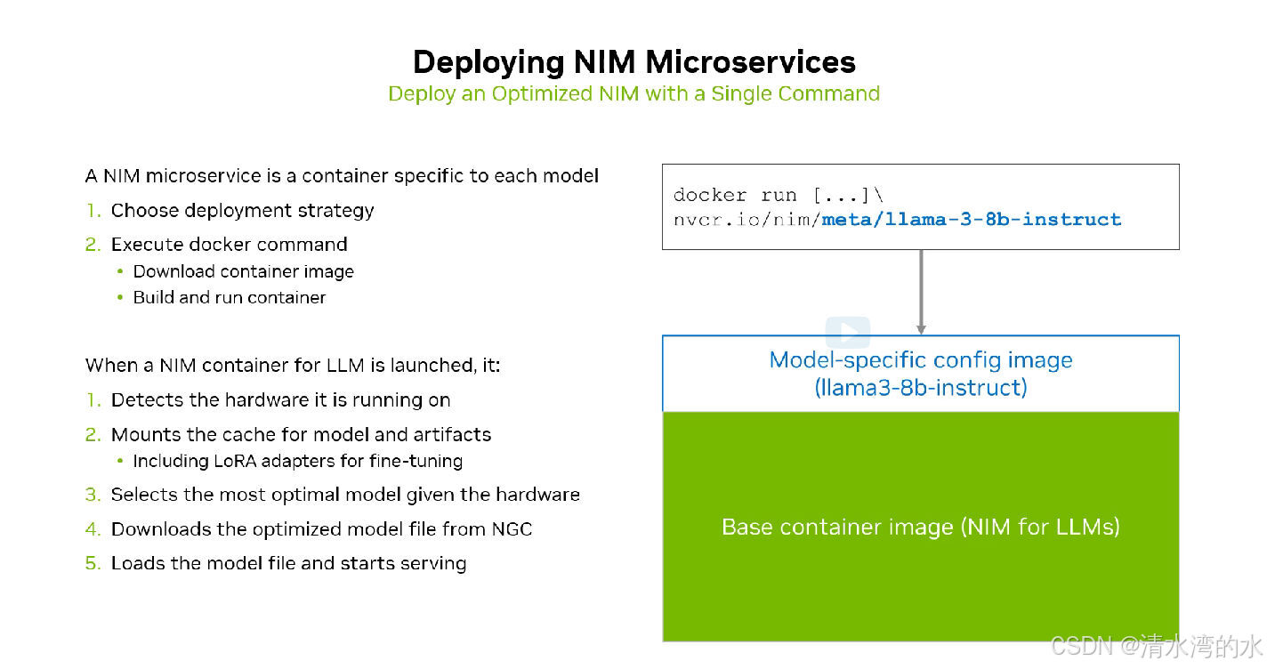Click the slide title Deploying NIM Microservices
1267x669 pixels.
(x=633, y=61)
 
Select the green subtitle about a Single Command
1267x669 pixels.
(x=633, y=93)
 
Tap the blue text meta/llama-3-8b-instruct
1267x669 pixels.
(x=971, y=219)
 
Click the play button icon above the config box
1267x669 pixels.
(x=847, y=333)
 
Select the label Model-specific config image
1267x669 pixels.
(x=921, y=360)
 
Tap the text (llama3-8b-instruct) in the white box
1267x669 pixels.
(x=921, y=388)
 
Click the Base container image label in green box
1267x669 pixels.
(x=921, y=527)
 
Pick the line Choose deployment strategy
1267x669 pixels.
(x=242, y=211)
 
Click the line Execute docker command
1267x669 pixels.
(x=229, y=245)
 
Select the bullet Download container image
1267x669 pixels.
(x=243, y=272)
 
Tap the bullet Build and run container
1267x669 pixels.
(x=230, y=298)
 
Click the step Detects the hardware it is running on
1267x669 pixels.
(x=280, y=400)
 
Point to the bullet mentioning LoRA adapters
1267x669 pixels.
(x=297, y=461)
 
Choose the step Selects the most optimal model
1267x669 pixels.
(x=345, y=495)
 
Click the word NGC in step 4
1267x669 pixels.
(x=512, y=529)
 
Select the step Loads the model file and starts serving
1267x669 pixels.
(x=288, y=563)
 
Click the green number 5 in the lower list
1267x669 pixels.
(x=91, y=563)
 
